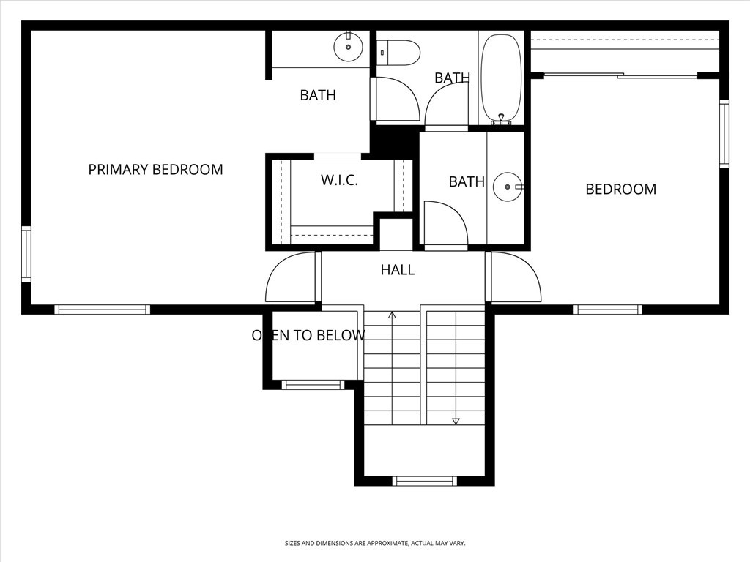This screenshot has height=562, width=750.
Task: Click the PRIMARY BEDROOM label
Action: point(155,170)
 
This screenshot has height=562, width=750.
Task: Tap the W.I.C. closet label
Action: point(339,180)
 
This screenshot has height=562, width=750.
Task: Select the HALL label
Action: point(398,270)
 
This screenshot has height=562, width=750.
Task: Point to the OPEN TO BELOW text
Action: point(308,336)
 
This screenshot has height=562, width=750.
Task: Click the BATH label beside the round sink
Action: point(467,181)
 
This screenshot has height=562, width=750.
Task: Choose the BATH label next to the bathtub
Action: point(452,78)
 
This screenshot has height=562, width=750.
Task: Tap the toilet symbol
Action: point(398,53)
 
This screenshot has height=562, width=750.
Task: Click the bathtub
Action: point(501,78)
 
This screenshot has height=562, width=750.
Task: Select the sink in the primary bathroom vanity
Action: point(348,48)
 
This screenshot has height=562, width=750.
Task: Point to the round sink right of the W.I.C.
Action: point(507,187)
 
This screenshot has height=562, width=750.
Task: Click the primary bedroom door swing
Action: point(291,278)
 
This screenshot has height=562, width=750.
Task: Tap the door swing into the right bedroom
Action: point(515,278)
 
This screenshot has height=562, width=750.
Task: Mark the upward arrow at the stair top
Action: point(392,315)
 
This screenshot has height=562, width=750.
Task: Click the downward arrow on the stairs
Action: point(456,420)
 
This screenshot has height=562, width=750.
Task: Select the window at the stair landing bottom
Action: point(424,481)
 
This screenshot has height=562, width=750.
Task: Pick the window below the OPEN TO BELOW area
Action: point(313,384)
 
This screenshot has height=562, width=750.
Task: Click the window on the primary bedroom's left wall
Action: point(26,254)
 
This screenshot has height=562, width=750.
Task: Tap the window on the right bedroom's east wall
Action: point(724,134)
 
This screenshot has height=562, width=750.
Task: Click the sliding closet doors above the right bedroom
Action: point(621,75)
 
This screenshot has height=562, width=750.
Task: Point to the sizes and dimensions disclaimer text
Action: point(375,543)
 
